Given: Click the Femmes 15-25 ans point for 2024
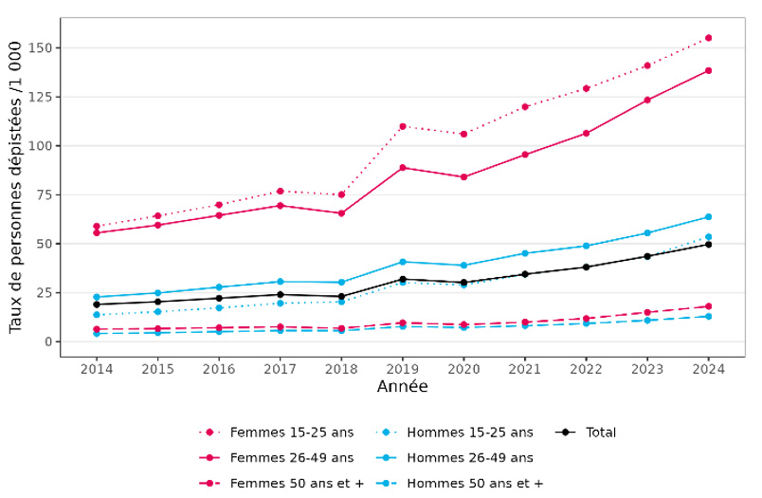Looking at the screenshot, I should click(708, 38).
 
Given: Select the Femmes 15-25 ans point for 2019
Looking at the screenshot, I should click(403, 126).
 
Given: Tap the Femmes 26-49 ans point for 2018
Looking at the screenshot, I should click(341, 213).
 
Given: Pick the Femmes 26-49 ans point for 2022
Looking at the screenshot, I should click(586, 133).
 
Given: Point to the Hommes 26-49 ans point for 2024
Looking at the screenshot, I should click(708, 217).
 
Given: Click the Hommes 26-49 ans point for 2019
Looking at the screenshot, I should click(403, 262).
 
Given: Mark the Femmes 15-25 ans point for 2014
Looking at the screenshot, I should click(97, 227).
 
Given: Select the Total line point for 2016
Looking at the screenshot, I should click(219, 298).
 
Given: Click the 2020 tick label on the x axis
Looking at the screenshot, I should click(463, 368).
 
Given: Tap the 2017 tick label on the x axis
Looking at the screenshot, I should click(281, 368).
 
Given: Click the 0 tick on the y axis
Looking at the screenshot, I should click(51, 341).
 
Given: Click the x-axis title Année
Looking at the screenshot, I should click(402, 387).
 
